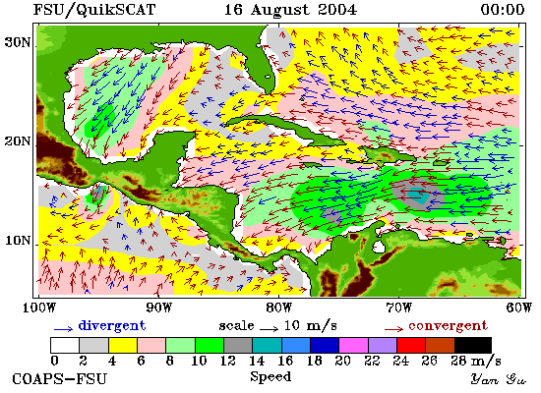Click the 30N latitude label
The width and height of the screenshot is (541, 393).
pos(18,42)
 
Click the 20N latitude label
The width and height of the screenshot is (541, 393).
pos(18,141)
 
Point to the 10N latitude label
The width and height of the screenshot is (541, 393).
pos(18,240)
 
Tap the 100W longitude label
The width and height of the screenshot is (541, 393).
pos(38,308)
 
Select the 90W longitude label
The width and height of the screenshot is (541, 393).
pos(158,308)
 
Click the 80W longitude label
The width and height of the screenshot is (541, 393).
pos(278,308)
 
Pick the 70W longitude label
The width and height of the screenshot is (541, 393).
pos(398,308)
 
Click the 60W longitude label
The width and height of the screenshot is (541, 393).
pos(518,308)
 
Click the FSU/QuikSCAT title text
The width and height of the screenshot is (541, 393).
pos(94,10)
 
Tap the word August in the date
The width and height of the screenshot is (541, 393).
pos(281,10)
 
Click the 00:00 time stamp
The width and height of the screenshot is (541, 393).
pos(503,10)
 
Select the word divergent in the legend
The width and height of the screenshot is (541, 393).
pos(112,325)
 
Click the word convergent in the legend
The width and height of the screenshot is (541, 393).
pos(449,326)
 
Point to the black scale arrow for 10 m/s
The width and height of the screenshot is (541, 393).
pos(270,329)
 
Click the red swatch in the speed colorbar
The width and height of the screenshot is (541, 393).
pos(410,345)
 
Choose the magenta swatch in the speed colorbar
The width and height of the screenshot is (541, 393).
pos(353,345)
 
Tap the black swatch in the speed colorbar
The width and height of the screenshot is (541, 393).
pos(473,345)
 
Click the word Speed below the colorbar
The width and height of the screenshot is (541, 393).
pos(270,377)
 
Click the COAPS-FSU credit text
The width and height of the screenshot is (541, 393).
pos(59,379)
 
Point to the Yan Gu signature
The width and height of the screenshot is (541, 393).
pos(499,379)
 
